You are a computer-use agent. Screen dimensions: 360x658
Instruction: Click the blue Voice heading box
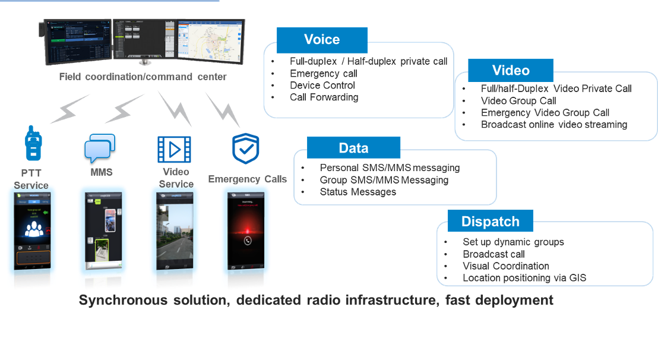(322, 40)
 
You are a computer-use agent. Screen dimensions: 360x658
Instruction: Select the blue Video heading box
(511, 70)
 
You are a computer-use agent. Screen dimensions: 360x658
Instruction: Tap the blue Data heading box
(353, 148)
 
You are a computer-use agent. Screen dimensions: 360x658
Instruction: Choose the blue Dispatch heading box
(490, 222)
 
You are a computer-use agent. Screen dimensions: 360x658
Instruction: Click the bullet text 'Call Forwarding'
(324, 97)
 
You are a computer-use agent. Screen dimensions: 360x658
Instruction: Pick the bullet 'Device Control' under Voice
(322, 86)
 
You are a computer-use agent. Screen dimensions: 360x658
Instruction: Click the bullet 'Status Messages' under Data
(358, 192)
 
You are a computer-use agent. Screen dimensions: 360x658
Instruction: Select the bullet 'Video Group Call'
(518, 101)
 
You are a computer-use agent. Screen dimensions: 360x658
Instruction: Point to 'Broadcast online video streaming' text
(553, 125)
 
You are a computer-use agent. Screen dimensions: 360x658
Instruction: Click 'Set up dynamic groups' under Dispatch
(513, 242)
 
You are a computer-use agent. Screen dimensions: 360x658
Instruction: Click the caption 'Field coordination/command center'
(143, 77)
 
